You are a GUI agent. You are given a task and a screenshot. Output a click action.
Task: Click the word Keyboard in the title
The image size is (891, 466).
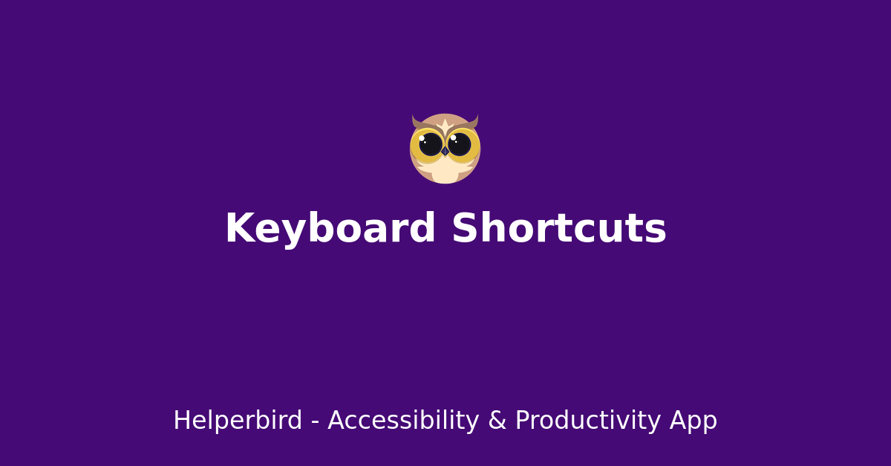(330, 229)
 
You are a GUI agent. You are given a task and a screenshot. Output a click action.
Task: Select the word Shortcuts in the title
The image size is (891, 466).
(558, 229)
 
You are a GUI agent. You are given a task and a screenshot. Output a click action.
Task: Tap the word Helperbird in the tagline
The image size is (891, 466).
(238, 421)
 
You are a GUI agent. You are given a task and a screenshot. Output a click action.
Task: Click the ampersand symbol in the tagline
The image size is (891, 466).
(497, 421)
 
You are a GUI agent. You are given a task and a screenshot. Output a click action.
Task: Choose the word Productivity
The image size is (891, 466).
(587, 421)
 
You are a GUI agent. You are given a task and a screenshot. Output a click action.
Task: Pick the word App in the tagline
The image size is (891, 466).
(693, 421)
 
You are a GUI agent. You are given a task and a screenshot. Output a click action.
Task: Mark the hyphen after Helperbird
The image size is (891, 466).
(315, 422)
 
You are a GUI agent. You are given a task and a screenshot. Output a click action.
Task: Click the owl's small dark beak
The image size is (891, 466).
(445, 151)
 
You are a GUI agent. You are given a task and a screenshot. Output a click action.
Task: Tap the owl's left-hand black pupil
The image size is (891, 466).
(431, 144)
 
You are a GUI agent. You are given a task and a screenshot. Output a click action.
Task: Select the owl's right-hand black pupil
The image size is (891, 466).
(460, 144)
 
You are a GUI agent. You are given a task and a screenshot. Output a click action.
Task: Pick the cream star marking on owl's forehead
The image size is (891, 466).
(446, 125)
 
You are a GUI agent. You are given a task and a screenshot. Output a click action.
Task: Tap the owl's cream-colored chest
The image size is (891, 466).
(445, 172)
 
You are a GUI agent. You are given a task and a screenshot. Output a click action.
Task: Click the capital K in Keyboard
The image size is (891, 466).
(238, 229)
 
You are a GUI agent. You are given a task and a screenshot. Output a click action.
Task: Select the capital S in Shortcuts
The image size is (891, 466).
(466, 229)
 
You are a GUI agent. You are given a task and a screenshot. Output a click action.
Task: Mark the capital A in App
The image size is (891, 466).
(679, 421)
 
